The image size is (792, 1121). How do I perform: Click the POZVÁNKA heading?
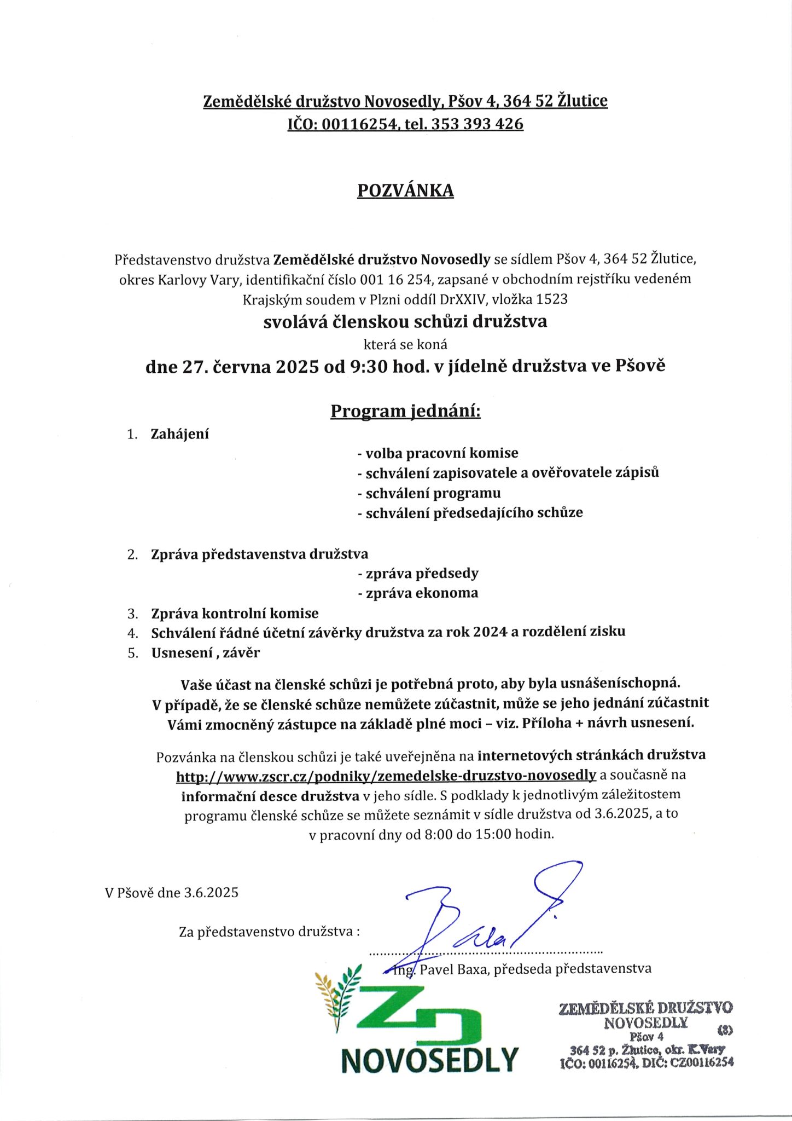(x=405, y=190)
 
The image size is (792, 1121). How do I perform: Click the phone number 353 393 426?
(x=477, y=124)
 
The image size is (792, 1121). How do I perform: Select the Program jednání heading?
(x=405, y=411)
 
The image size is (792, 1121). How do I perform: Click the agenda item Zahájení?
(x=180, y=435)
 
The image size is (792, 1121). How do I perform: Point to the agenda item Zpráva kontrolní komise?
(x=235, y=614)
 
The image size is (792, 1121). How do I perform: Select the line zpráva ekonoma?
(x=418, y=593)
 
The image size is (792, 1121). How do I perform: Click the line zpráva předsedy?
(x=418, y=574)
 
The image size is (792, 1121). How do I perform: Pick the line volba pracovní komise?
(x=438, y=453)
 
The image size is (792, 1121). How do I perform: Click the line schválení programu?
(x=429, y=493)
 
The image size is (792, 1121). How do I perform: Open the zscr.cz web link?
(x=386, y=775)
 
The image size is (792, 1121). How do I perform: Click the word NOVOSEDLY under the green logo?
(x=429, y=1060)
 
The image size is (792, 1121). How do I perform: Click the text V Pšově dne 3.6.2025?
(x=172, y=893)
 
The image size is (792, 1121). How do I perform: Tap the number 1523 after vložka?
(x=552, y=299)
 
